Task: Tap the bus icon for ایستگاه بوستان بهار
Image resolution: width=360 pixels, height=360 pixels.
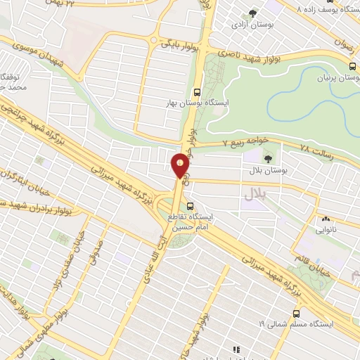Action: [x=197, y=92]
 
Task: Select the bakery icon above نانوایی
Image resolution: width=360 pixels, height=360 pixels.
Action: [x=328, y=219]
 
